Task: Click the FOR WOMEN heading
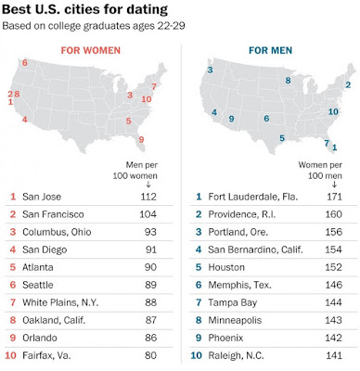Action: coord(91,50)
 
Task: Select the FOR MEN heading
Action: coord(271,50)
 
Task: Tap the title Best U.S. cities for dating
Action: coord(84,9)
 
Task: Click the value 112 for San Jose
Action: coord(148,197)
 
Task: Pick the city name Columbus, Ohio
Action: coord(57,232)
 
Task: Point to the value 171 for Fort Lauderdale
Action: coord(334,197)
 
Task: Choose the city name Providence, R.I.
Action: coord(241,214)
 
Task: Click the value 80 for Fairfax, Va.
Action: coord(150,355)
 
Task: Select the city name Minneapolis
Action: coord(235,320)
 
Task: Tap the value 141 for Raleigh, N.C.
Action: coord(334,355)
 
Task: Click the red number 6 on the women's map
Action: coord(25,63)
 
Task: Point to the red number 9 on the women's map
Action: coord(141,140)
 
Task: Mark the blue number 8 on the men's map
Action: coord(288,81)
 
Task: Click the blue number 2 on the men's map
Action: coord(348,84)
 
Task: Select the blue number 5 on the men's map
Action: coord(282,138)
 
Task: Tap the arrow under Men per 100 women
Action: coord(148,185)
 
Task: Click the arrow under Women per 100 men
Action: coord(334,185)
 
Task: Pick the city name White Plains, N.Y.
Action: coord(60,302)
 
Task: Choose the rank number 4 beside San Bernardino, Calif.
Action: coord(199,249)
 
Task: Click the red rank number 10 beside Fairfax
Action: coord(10,355)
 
